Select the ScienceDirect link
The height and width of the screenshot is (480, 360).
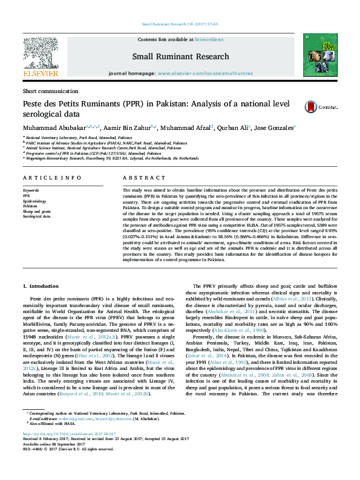209,39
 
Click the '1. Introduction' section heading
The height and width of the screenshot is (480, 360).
41,285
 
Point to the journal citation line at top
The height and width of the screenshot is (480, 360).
180,24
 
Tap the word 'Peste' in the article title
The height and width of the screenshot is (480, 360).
35,103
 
